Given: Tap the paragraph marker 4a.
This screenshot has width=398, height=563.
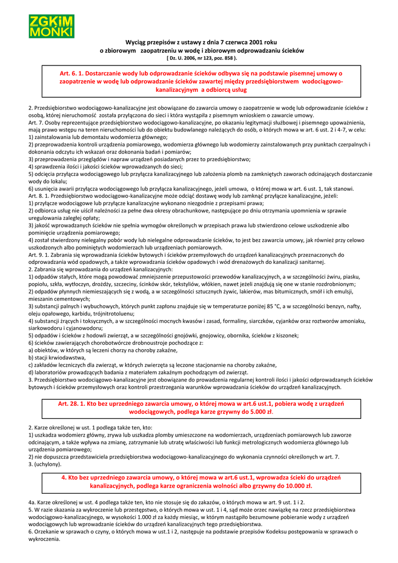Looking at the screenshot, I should click(x=32, y=503).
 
